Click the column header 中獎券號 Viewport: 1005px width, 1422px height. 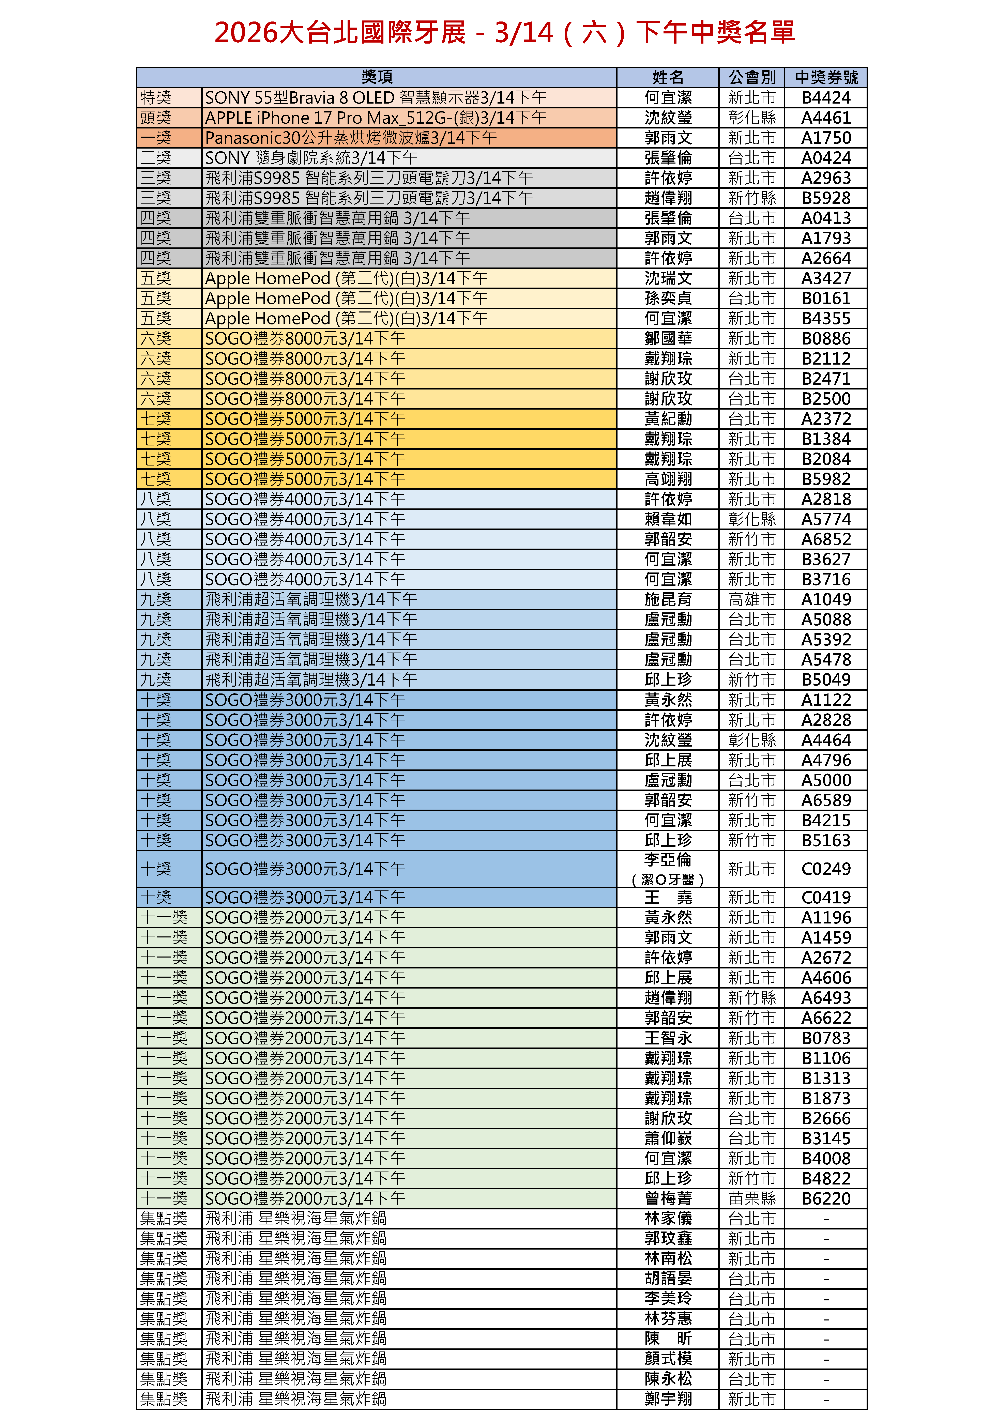pos(826,77)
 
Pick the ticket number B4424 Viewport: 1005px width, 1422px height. pos(826,98)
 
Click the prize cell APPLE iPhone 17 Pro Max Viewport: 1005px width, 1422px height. pos(375,118)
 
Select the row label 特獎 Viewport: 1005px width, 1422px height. pos(156,98)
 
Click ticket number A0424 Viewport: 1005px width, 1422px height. pos(826,158)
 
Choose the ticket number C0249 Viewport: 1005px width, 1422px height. pos(826,869)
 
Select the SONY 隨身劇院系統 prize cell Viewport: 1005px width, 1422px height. pos(311,158)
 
